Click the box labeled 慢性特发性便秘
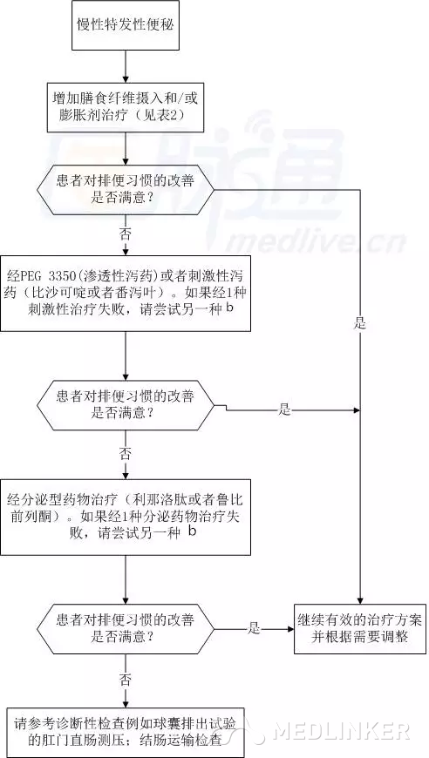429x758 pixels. pyautogui.click(x=126, y=25)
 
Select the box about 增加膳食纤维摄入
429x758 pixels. pyautogui.click(x=126, y=107)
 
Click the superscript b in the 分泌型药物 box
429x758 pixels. pyautogui.click(x=192, y=531)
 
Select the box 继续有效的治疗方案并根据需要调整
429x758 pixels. pyautogui.click(x=360, y=628)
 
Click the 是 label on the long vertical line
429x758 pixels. pyautogui.click(x=360, y=323)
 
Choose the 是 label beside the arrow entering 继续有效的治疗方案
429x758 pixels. pyautogui.click(x=254, y=629)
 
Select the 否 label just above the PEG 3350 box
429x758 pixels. pyautogui.click(x=125, y=234)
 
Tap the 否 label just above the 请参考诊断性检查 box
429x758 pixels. pyautogui.click(x=125, y=680)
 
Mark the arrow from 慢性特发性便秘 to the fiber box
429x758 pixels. pyautogui.click(x=126, y=66)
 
